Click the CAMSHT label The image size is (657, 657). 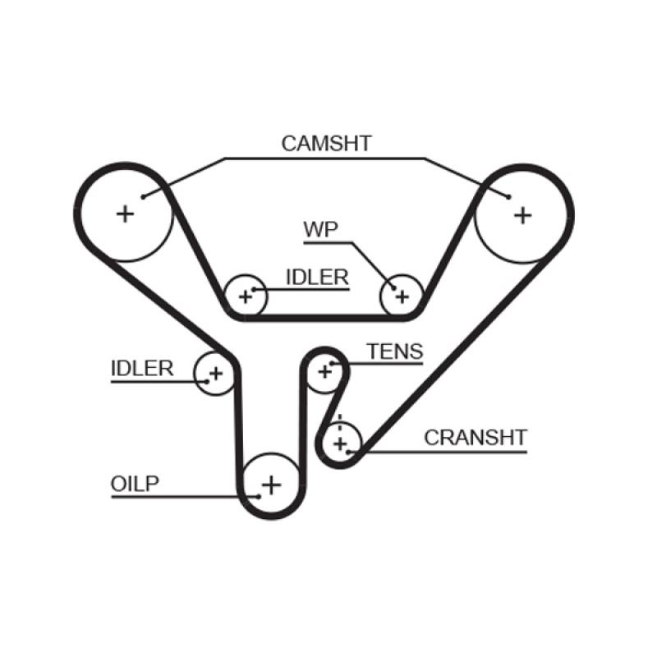pyautogui.click(x=326, y=143)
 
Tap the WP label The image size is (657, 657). pyautogui.click(x=321, y=229)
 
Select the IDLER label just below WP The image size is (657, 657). pyautogui.click(x=317, y=277)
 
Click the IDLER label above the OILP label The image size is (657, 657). pyautogui.click(x=142, y=367)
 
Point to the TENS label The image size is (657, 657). pyautogui.click(x=394, y=352)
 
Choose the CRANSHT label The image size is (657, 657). pyautogui.click(x=475, y=437)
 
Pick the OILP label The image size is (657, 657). pyautogui.click(x=134, y=484)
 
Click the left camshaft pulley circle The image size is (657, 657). pyautogui.click(x=125, y=214)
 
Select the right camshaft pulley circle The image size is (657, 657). pyautogui.click(x=523, y=214)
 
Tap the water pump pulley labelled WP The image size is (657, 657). pyautogui.click(x=402, y=295)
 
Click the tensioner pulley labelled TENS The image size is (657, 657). pyautogui.click(x=325, y=372)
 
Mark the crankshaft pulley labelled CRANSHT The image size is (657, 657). pyautogui.click(x=340, y=444)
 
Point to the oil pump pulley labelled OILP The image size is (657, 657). pyautogui.click(x=270, y=485)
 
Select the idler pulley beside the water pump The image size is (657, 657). pyautogui.click(x=246, y=295)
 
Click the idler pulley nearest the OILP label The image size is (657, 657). pyautogui.click(x=214, y=374)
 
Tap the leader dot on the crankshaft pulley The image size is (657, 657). pyautogui.click(x=348, y=451)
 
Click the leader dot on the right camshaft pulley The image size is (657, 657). pyautogui.click(x=508, y=197)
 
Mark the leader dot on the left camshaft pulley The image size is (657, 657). pyautogui.click(x=143, y=195)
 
